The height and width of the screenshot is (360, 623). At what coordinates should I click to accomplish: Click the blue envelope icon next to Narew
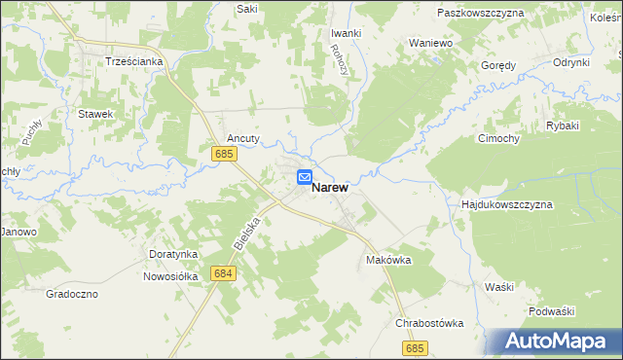click(304, 177)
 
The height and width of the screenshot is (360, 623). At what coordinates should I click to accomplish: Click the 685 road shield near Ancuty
click(224, 154)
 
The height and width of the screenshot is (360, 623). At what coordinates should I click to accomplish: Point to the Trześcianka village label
click(133, 60)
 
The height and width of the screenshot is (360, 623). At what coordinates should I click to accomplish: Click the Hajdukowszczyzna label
click(506, 205)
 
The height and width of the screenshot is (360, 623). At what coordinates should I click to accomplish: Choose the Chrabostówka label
click(428, 323)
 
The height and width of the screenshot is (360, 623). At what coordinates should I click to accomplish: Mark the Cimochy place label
click(499, 138)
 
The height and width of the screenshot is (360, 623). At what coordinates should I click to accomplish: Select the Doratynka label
click(174, 254)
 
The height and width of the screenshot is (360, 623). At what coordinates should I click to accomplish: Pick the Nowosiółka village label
click(170, 275)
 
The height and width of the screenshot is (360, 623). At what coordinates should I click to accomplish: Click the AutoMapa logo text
click(558, 342)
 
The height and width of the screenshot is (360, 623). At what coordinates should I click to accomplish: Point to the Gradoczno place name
click(72, 293)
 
